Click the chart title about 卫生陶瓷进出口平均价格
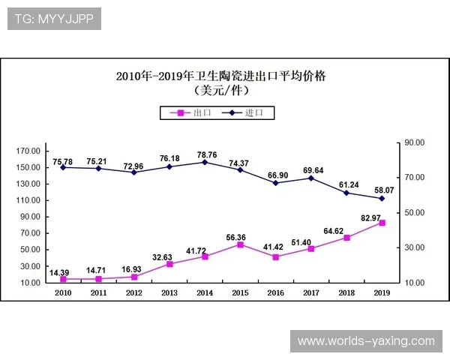point(220,76)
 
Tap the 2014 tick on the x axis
point(205,293)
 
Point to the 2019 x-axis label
point(382,293)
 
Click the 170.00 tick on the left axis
point(29,151)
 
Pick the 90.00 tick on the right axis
point(415,142)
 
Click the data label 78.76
point(205,155)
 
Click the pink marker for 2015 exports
point(240,244)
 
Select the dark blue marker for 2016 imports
point(276,183)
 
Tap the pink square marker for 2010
point(63,279)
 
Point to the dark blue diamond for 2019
point(382,198)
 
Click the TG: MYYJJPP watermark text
point(53,19)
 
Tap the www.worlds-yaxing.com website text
point(366,341)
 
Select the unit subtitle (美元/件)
point(220,91)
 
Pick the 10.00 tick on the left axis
point(29,283)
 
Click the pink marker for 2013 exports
point(169,264)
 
